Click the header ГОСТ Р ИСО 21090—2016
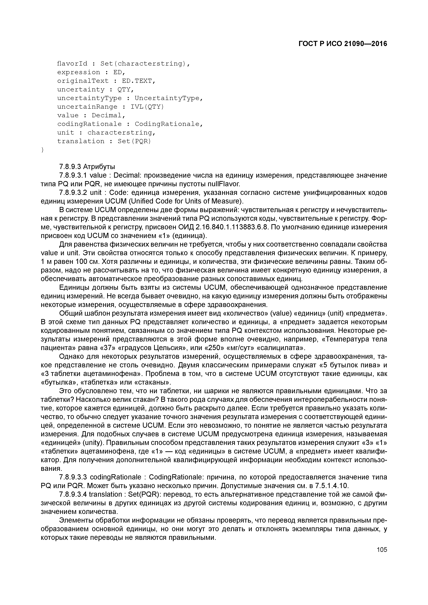pyautogui.click(x=343, y=44)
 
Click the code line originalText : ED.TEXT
pyautogui.click(x=106, y=81)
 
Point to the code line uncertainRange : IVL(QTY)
pyautogui.click(x=110, y=107)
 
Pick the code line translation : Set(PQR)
pyautogui.click(x=104, y=141)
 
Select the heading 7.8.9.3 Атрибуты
pyautogui.click(x=87, y=167)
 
